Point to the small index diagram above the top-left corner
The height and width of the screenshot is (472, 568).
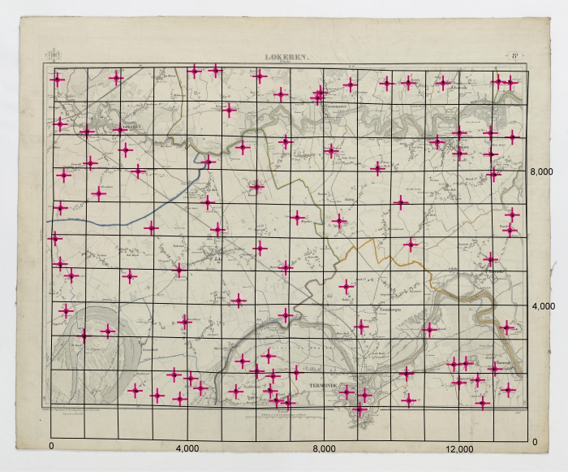point(55,55)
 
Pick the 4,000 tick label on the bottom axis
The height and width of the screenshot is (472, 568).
point(187,448)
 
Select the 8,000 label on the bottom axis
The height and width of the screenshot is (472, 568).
point(324,448)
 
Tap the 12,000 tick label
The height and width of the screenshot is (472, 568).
point(460,448)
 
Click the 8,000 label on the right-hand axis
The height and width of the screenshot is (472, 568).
point(540,171)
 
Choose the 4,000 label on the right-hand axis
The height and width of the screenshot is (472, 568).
point(540,306)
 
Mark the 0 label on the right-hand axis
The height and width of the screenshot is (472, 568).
point(534,441)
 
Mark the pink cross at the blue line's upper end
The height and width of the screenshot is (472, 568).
point(209,161)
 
